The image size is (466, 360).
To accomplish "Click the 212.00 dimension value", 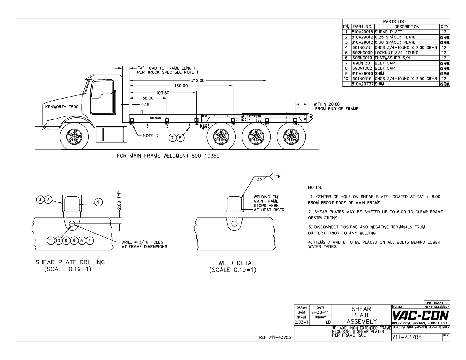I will [198, 80].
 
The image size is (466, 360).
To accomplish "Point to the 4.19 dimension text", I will [145, 104].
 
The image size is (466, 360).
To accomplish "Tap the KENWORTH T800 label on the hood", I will [62, 107].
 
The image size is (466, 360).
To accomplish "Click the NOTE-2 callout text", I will [151, 136].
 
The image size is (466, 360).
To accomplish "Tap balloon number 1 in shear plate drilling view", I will [98, 202].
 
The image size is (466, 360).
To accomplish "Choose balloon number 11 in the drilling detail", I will [50, 241].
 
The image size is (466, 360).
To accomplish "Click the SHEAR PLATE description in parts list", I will [388, 32].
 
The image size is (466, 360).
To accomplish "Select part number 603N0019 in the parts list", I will [363, 58].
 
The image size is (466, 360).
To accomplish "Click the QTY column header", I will [445, 27].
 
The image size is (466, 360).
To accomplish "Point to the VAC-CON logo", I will [420, 315].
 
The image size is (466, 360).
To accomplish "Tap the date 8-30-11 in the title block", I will [320, 313].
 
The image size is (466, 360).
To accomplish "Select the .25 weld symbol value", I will [258, 179].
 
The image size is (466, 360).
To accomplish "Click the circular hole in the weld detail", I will [234, 224].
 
